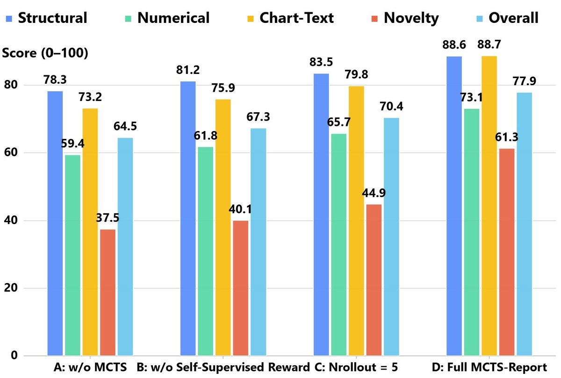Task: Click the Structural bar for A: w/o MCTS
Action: click(x=55, y=223)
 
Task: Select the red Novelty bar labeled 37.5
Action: click(x=108, y=292)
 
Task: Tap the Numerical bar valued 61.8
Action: click(x=206, y=251)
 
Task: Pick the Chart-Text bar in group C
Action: click(x=356, y=221)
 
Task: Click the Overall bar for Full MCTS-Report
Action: click(x=524, y=224)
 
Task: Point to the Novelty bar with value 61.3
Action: click(x=507, y=252)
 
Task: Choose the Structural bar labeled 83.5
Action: click(x=321, y=215)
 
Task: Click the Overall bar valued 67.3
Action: click(x=259, y=242)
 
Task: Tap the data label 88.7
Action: click(x=489, y=44)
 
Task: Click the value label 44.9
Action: click(x=374, y=193)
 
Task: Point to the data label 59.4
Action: click(x=72, y=144)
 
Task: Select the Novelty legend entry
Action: click(x=405, y=18)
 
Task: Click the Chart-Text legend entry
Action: click(x=290, y=18)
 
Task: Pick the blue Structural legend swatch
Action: click(x=9, y=19)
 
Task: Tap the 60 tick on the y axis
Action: click(x=11, y=152)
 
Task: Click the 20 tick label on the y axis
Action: click(x=11, y=288)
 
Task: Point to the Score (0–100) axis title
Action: click(x=45, y=53)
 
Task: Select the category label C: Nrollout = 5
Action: click(x=356, y=367)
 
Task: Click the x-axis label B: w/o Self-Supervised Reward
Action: click(x=223, y=367)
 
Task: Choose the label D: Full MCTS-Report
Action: click(x=489, y=367)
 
